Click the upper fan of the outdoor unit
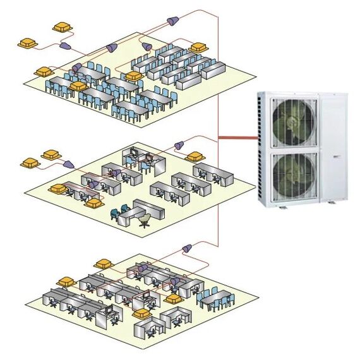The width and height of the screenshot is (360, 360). pos(293,121)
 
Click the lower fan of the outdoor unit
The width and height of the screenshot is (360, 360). pos(293,173)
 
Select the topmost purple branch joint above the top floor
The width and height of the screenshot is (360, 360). pos(171,22)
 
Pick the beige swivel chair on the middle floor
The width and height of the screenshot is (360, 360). pos(145,219)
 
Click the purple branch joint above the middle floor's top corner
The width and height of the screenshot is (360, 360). pos(179,145)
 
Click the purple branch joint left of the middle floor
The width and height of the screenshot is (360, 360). pos(68,164)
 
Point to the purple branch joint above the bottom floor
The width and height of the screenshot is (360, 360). pos(187,248)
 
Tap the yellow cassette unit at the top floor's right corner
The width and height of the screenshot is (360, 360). pos(198,47)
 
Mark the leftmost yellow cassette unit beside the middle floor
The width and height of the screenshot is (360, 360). pos(30,163)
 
